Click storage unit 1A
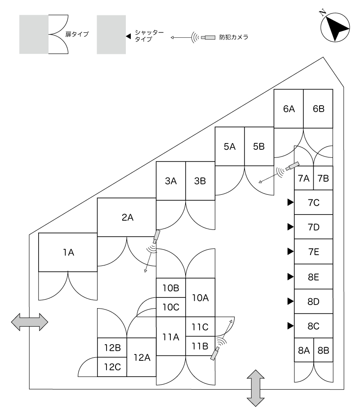click(x=68, y=252)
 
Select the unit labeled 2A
click(x=127, y=217)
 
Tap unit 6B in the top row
click(x=318, y=108)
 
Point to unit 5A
click(x=229, y=146)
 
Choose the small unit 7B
click(x=323, y=178)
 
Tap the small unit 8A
click(x=304, y=350)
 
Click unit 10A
click(x=200, y=297)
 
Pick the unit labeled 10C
click(x=170, y=307)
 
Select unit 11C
click(x=200, y=327)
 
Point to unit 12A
click(x=141, y=357)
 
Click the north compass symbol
click(x=335, y=27)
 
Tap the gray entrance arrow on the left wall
click(x=29, y=322)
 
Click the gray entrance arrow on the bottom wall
click(x=255, y=388)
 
